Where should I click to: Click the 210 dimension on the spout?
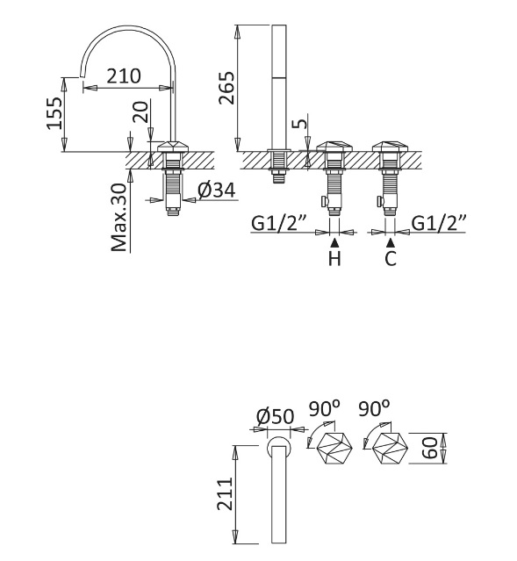pyautogui.click(x=124, y=76)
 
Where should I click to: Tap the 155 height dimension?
pyautogui.click(x=54, y=113)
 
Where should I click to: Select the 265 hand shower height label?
pyautogui.click(x=226, y=88)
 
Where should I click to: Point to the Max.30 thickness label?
pyautogui.click(x=119, y=217)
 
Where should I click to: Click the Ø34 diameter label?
pyautogui.click(x=217, y=190)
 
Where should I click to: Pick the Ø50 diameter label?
pyautogui.click(x=275, y=416)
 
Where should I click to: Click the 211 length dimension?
pyautogui.click(x=226, y=494)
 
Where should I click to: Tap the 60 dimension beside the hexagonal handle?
pyautogui.click(x=430, y=448)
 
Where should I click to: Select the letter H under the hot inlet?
pyautogui.click(x=334, y=258)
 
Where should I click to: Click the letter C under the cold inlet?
pyautogui.click(x=391, y=258)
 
